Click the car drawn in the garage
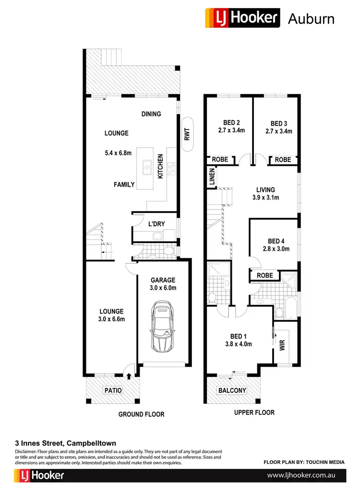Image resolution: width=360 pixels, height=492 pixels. point(162,326)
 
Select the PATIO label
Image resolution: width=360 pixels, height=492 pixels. point(113,390)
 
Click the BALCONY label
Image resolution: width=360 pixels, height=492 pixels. point(232,390)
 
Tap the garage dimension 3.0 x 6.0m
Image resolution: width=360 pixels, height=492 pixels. point(162,288)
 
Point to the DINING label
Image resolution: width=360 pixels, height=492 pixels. point(151,114)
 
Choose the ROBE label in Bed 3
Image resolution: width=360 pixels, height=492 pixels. point(283,160)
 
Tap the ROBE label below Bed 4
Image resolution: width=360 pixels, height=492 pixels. point(264,276)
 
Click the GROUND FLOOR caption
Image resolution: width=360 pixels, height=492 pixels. point(141,414)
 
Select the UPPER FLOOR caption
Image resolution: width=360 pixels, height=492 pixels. point(254,412)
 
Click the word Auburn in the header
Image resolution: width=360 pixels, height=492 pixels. point(311,19)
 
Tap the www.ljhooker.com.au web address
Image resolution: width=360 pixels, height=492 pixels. point(300,476)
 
